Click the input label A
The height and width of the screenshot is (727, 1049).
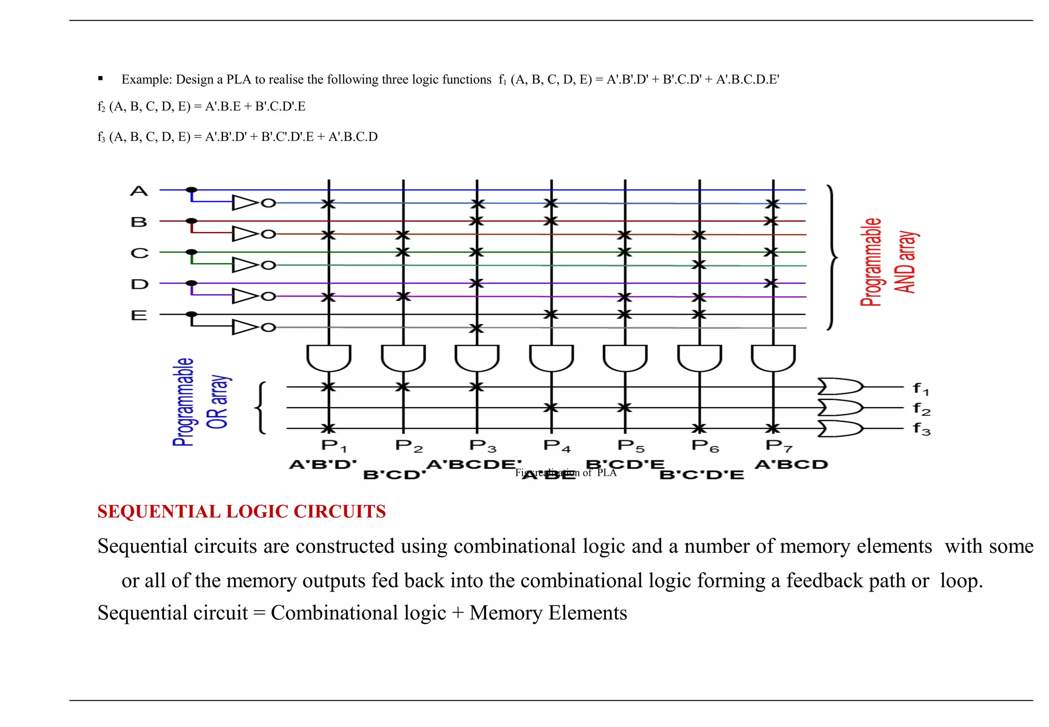pos(139,191)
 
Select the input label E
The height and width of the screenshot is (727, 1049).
pos(139,315)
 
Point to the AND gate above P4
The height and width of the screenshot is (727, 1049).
pos(551,357)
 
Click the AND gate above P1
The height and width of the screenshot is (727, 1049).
pos(329,357)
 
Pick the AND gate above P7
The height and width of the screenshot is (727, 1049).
pos(773,357)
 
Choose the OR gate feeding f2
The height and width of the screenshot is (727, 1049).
pos(839,408)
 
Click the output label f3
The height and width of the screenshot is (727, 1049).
pos(921,429)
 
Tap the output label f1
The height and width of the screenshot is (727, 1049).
pos(921,389)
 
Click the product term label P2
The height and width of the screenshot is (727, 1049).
pos(409,446)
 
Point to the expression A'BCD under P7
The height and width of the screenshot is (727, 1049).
pos(791,465)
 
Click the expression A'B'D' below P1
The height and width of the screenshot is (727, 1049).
pos(323,465)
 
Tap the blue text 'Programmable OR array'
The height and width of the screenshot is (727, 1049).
pos(200,402)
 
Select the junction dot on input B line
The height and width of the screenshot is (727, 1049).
pos(192,221)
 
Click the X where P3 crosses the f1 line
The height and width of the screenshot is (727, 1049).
pos(477,387)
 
